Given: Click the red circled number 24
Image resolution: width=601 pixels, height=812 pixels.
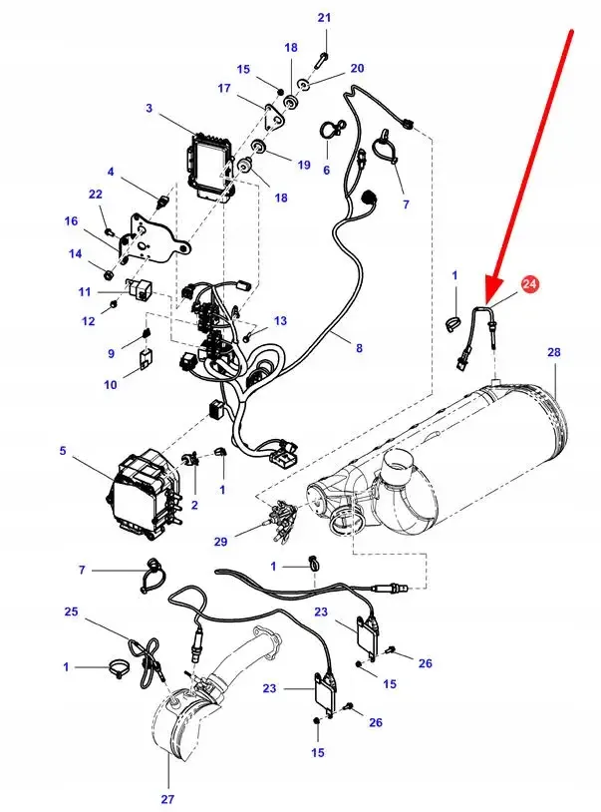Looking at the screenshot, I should click(x=530, y=284).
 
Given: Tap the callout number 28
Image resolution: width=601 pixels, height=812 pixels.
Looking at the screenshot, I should click(x=554, y=352).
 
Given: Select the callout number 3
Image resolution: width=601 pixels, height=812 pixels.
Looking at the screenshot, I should click(x=149, y=109).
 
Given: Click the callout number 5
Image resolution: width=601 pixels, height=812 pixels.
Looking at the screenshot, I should click(x=62, y=451).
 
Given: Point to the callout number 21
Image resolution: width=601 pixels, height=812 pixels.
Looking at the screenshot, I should click(x=323, y=17).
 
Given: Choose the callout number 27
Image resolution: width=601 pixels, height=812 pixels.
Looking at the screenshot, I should click(x=166, y=798).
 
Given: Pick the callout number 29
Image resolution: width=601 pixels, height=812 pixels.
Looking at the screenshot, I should click(x=220, y=542).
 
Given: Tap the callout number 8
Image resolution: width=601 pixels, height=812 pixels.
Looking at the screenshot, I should click(x=359, y=348).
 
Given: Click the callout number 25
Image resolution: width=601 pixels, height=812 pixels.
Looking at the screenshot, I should click(x=71, y=610).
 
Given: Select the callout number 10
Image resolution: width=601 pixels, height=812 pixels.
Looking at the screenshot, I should click(x=110, y=384).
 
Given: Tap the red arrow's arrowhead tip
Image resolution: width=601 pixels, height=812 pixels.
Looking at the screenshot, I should click(x=485, y=302).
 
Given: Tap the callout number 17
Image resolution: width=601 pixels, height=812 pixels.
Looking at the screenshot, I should click(x=224, y=88).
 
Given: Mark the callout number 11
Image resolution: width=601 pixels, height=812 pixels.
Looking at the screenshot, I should click(x=86, y=292).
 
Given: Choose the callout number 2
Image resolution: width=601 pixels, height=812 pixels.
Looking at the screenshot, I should click(x=194, y=505).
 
